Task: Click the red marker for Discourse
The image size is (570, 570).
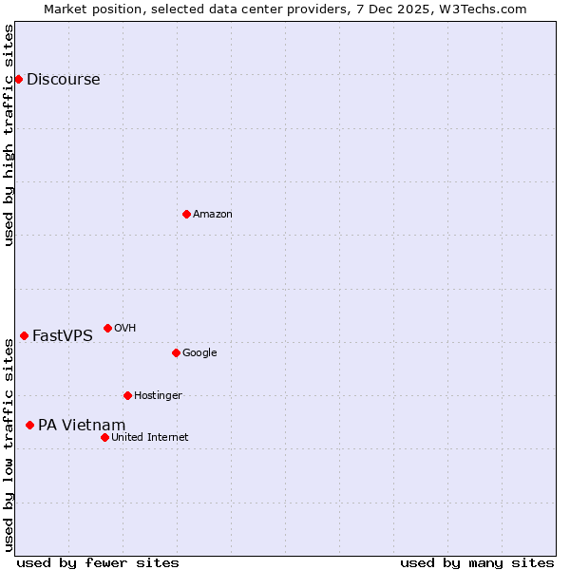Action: click(x=18, y=79)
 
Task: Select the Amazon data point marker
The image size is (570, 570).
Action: click(x=186, y=214)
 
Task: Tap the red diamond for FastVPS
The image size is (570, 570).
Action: click(x=24, y=335)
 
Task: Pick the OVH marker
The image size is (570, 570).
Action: click(x=107, y=328)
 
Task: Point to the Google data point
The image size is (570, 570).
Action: click(x=176, y=352)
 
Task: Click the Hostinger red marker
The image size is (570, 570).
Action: click(x=127, y=395)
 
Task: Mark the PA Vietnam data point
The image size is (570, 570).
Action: click(x=29, y=425)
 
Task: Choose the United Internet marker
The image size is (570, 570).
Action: click(x=104, y=437)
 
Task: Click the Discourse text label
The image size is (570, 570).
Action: click(x=63, y=80)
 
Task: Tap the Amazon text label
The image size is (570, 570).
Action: click(x=212, y=215)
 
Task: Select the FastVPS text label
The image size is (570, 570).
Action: click(x=62, y=336)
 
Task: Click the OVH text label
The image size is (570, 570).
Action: click(x=124, y=329)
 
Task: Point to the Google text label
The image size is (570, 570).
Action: click(x=199, y=353)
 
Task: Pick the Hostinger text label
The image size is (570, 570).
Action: click(x=158, y=396)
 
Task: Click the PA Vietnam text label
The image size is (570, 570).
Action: click(x=82, y=426)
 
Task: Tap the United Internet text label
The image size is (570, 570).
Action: click(x=149, y=438)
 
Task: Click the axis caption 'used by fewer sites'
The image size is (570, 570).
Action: click(x=98, y=562)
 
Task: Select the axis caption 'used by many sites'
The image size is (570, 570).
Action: click(x=477, y=562)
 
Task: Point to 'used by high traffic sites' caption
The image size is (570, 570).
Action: click(x=9, y=135)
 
